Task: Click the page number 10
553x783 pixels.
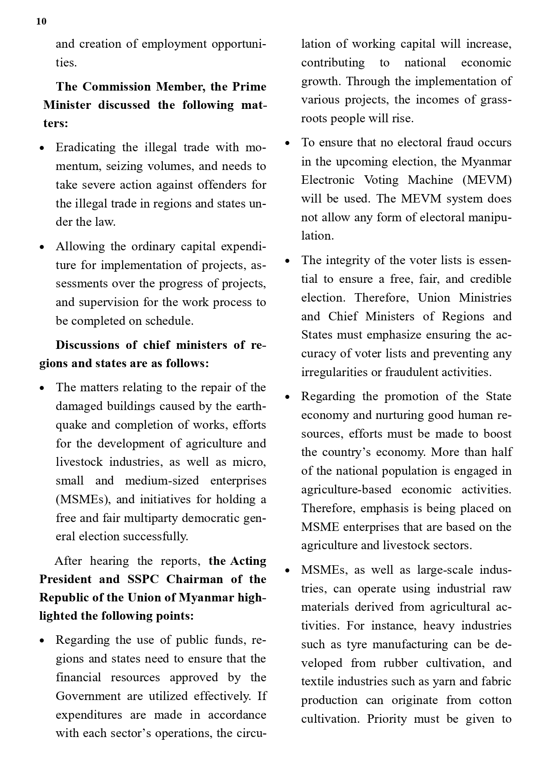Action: tap(41, 21)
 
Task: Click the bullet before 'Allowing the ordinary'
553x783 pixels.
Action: tap(42, 247)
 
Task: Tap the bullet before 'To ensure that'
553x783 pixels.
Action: tap(287, 143)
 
